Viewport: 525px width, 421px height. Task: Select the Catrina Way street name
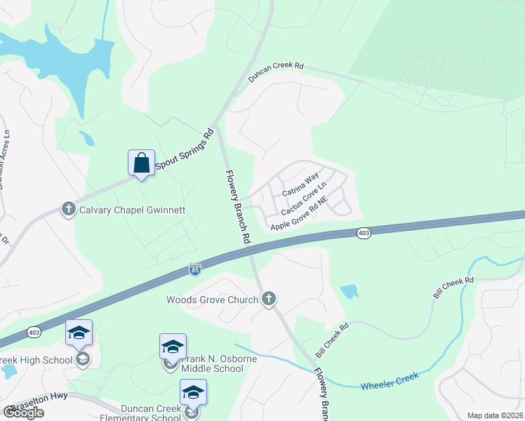[300, 182]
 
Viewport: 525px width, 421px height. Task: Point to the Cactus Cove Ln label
[304, 199]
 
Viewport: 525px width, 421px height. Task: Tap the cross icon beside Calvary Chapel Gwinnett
[68, 209]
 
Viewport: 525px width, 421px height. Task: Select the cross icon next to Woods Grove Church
[267, 300]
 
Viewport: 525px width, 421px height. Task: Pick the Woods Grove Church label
[212, 300]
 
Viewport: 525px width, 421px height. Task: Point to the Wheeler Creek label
[390, 381]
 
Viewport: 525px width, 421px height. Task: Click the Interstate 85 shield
[194, 269]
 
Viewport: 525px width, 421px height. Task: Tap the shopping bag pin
[141, 163]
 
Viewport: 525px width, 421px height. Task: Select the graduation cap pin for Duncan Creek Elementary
[192, 393]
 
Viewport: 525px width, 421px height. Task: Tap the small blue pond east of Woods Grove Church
[349, 291]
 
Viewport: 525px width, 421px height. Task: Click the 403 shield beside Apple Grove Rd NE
[364, 233]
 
